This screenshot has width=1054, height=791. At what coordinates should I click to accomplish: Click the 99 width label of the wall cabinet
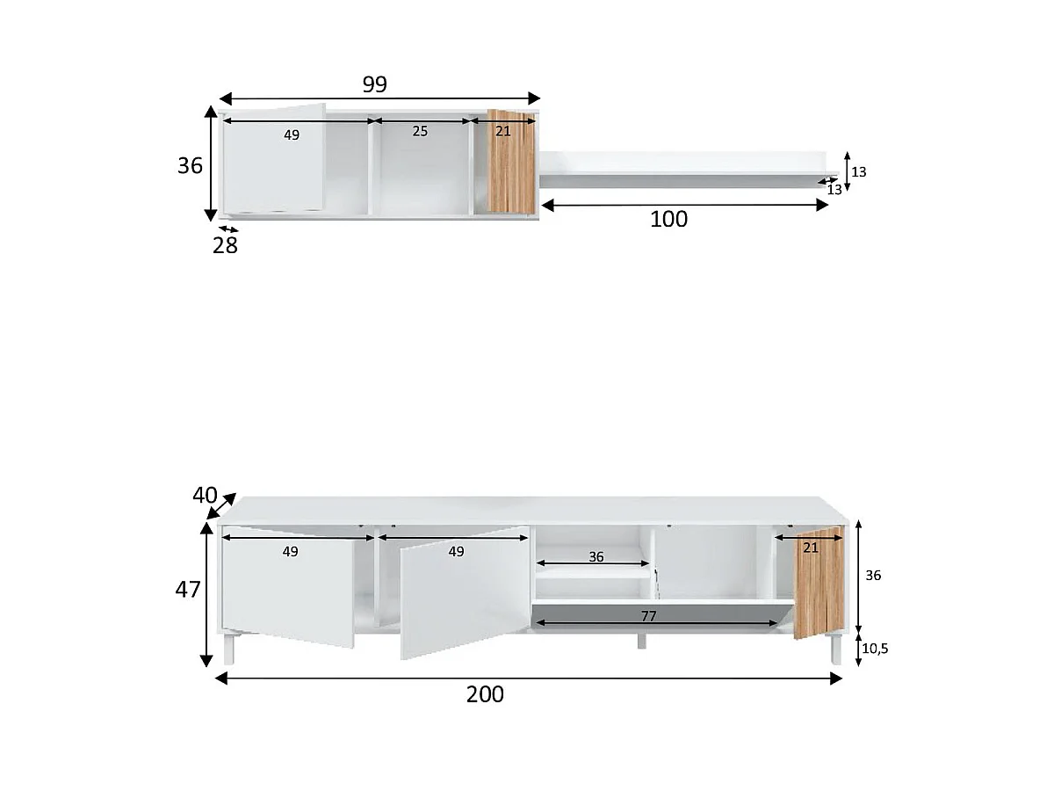coord(374,84)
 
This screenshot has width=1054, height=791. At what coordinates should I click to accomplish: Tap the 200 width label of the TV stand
coord(485,694)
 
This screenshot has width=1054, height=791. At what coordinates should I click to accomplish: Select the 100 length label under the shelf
coord(668,219)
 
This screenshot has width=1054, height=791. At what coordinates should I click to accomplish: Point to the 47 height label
coord(188,589)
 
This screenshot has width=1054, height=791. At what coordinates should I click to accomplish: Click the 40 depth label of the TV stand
coord(205,495)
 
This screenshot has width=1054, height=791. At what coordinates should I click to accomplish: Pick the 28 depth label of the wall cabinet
coord(225,245)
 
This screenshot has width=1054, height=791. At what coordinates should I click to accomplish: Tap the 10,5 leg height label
coord(875,649)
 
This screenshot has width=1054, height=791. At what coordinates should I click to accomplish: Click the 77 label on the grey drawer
coord(648,616)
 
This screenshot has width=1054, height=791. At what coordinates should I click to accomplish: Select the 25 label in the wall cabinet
coord(420,131)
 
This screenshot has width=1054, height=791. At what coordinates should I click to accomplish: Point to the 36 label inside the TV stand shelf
coord(596,556)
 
